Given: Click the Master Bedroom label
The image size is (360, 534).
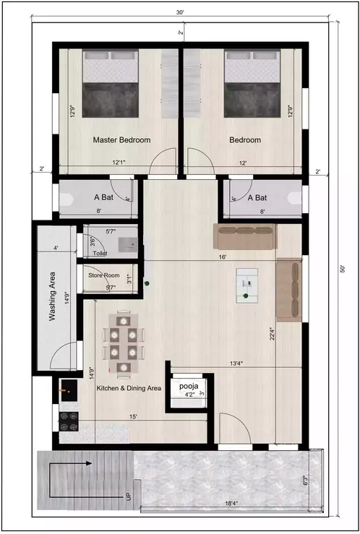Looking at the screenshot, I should point(121,140).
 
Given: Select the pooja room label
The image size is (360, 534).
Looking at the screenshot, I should point(188,387).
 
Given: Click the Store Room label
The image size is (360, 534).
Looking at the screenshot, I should point(103,275).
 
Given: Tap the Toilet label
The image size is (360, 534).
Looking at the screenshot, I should point(100,254).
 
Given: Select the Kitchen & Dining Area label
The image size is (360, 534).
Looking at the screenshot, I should point(129,389).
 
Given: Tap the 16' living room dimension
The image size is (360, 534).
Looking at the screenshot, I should point(223,257).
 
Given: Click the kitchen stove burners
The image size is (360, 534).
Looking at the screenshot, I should point(68,418).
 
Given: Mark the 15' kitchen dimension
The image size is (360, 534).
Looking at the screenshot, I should point(134,417).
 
